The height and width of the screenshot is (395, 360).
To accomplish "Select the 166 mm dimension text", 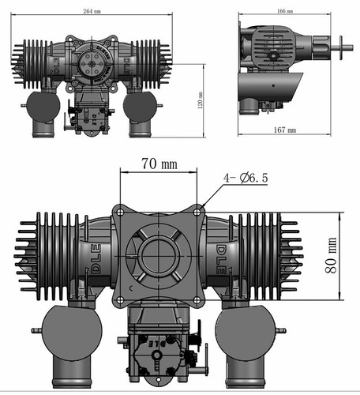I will point(284,12).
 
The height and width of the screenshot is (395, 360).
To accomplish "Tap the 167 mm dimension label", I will point(285,129).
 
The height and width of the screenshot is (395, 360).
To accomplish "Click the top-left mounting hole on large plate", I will point(118,211).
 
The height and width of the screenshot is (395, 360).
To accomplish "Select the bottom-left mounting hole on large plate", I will point(118,299).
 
